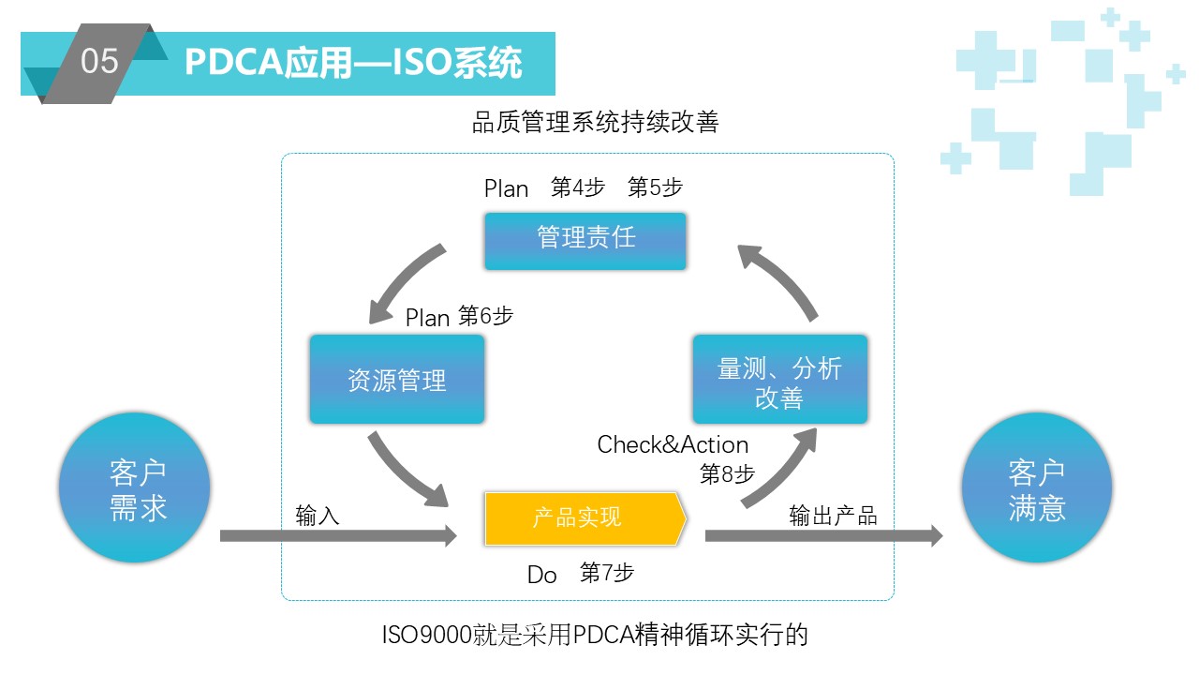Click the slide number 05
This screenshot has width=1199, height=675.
pos(99,61)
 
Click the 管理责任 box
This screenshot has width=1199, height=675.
pos(585,241)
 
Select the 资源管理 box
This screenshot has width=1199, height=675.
pos(397,380)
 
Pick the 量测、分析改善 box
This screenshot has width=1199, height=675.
pos(780,380)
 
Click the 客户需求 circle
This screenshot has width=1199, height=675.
pos(134,487)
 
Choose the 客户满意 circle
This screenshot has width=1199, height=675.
pos(1037,487)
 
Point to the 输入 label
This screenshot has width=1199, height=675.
pos(318,516)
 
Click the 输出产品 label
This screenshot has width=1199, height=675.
pos(833,516)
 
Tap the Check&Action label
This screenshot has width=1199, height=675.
pos(673,444)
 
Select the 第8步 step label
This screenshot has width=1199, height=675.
pos(727,474)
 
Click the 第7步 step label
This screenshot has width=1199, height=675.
pos(606,573)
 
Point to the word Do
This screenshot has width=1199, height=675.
pos(541,575)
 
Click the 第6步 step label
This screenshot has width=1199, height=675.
pos(485,316)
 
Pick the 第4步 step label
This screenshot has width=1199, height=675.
pos(578,187)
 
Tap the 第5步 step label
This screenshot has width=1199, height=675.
pos(655,187)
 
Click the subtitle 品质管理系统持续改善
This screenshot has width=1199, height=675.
pos(595,122)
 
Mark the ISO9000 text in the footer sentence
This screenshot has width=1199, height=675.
pos(426,636)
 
